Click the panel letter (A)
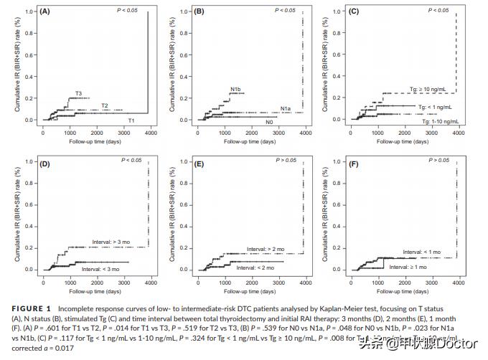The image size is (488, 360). [44, 11]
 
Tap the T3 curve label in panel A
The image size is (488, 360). [79, 93]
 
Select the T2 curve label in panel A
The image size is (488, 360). [104, 106]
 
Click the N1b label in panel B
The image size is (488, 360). [235, 89]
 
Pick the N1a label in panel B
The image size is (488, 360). [285, 108]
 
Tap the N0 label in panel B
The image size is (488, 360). [269, 123]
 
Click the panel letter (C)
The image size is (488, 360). [353, 11]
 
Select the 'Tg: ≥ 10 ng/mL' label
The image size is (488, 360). [428, 89]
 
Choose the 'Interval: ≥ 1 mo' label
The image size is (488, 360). [408, 267]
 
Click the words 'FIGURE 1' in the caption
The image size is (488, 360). [37, 308]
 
